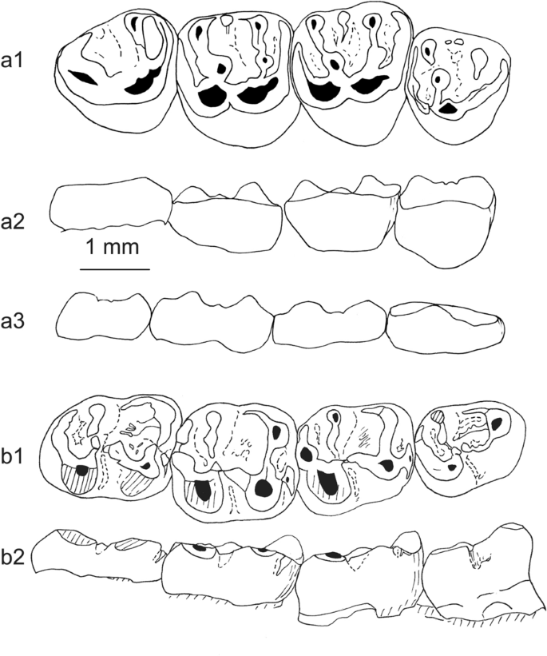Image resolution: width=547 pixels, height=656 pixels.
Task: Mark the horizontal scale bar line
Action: [x=114, y=269]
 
